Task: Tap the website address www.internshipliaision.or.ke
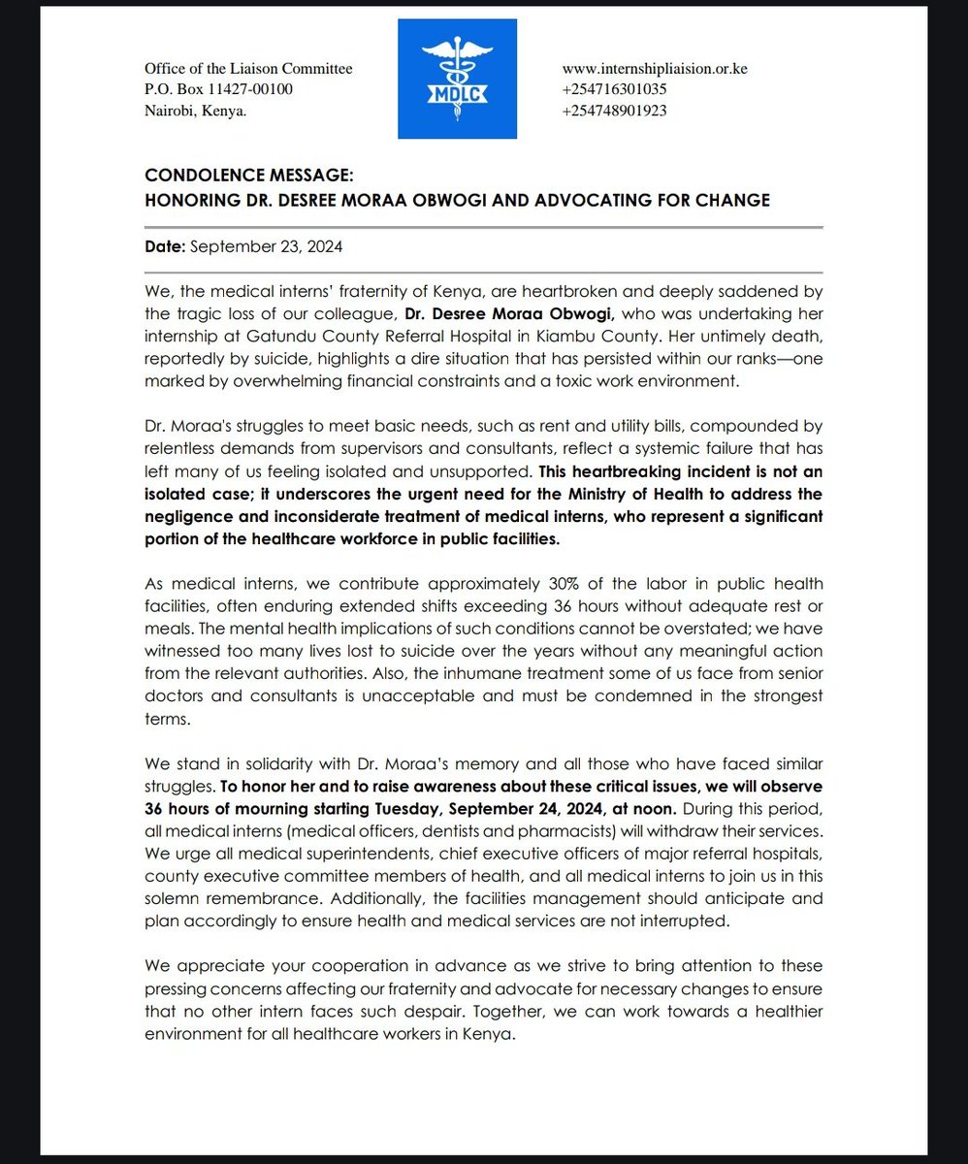(655, 69)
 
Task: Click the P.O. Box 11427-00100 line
(218, 89)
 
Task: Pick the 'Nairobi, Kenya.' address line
(195, 111)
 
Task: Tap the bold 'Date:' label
(165, 247)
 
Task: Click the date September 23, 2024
(266, 247)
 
